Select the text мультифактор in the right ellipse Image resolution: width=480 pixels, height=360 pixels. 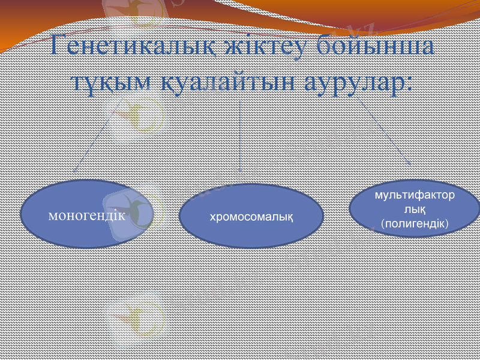click(x=414, y=196)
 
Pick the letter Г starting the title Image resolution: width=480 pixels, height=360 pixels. click(x=60, y=47)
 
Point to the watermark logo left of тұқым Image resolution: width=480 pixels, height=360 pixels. click(x=135, y=114)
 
